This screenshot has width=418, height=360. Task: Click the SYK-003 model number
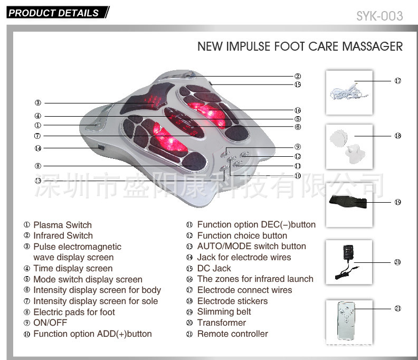click(379, 16)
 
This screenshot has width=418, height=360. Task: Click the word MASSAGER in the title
click(373, 46)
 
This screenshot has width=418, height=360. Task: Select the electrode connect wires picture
click(349, 92)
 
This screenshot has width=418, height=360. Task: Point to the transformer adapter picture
click(349, 262)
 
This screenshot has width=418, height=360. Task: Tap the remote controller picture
click(349, 320)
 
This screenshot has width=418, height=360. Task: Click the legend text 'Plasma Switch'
click(62, 225)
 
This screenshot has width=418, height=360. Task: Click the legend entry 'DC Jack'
click(214, 268)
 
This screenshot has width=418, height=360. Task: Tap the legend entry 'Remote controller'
click(232, 334)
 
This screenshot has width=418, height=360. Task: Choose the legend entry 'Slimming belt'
click(224, 311)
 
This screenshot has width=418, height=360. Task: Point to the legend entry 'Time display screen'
click(73, 268)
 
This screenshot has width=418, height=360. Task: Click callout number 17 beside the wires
click(397, 81)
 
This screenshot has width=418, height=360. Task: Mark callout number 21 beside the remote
click(397, 309)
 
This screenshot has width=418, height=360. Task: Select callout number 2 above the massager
click(298, 77)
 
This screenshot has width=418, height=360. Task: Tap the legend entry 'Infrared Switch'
click(63, 235)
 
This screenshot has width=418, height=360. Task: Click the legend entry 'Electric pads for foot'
click(74, 312)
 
